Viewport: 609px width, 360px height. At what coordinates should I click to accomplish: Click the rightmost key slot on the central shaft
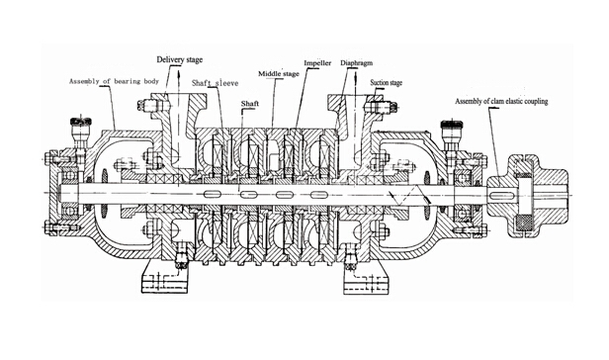[318, 196]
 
